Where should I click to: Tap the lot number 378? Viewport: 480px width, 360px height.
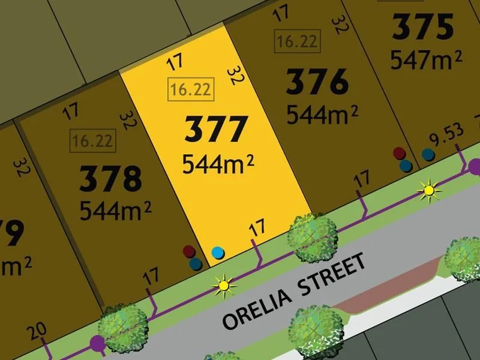tap(112, 179)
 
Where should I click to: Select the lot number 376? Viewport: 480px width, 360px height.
tap(317, 82)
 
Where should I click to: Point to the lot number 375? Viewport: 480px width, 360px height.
tap(423, 28)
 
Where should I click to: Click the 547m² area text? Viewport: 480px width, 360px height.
tap(426, 59)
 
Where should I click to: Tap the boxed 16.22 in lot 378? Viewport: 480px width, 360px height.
tap(92, 142)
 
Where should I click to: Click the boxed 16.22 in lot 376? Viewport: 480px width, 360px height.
tap(298, 41)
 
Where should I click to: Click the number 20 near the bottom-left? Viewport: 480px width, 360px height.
tap(37, 331)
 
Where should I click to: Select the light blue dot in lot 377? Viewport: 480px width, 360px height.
tap(218, 252)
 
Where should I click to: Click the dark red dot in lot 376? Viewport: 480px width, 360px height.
tap(398, 154)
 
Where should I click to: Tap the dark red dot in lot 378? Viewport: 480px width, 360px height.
tap(189, 251)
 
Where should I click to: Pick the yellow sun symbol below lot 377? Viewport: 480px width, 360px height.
tap(223, 285)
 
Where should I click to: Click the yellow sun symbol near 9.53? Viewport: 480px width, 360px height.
tap(428, 191)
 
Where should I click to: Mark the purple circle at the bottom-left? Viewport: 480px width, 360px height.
tap(95, 343)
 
